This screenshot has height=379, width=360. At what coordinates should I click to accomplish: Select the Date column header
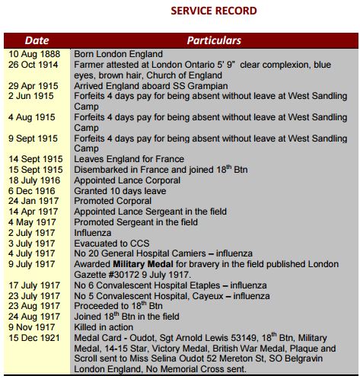[37, 40]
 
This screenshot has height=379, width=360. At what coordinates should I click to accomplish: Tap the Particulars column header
[214, 40]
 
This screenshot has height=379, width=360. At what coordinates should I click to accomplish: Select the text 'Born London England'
[118, 55]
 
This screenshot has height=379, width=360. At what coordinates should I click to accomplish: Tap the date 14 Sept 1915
[35, 158]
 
